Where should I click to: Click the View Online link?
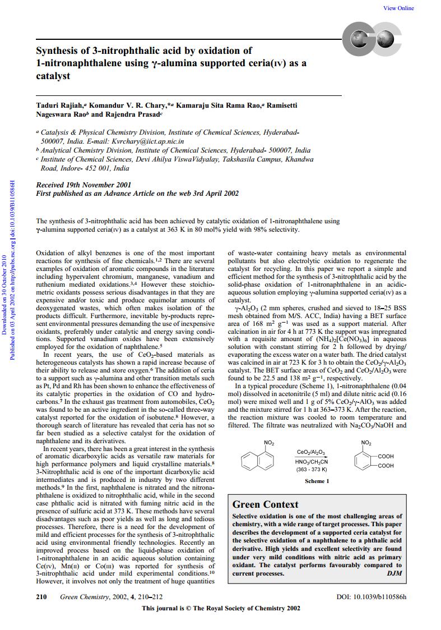(398, 8)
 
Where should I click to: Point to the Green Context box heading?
(265, 504)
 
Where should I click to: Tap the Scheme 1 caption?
(301, 481)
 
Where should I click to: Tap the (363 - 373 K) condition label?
(311, 469)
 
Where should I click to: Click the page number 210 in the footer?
(41, 596)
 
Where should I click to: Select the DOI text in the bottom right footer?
(371, 596)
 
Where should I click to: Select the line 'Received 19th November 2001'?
(83, 185)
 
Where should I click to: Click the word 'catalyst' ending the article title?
(53, 76)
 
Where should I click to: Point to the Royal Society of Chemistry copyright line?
(221, 608)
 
